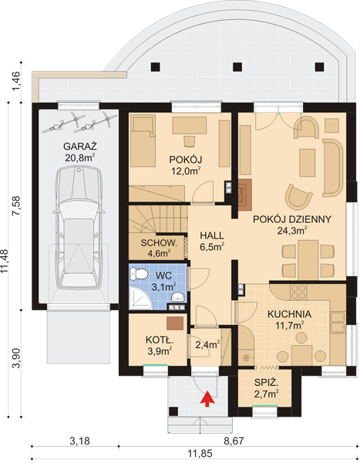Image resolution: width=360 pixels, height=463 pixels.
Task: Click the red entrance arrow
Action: coord(207,399)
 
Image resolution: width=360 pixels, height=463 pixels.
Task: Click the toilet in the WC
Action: coord(139,274)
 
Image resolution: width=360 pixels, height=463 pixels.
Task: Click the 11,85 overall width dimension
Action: coord(200,453)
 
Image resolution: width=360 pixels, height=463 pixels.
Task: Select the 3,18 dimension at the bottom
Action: coord(79,441)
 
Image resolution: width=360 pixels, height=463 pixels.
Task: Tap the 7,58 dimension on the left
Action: coord(16,206)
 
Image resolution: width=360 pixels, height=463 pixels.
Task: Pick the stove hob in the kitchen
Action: coord(298,292)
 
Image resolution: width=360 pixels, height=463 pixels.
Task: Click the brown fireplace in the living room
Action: coord(245,194)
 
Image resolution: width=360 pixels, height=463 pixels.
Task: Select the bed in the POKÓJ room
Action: coord(143,141)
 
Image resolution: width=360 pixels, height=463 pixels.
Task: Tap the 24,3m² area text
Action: coord(292,230)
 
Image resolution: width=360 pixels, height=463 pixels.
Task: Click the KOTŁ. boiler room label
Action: coord(160,340)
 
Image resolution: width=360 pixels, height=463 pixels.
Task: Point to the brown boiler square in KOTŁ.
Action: coord(175,323)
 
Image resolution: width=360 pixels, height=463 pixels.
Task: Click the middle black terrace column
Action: coord(237,67)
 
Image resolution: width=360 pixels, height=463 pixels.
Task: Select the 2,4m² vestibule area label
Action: coord(207,345)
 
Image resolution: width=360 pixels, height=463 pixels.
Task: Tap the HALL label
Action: coord(212,235)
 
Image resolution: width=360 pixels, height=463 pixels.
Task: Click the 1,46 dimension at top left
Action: coord(16,82)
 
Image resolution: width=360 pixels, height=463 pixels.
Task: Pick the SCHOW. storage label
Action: coord(159,243)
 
